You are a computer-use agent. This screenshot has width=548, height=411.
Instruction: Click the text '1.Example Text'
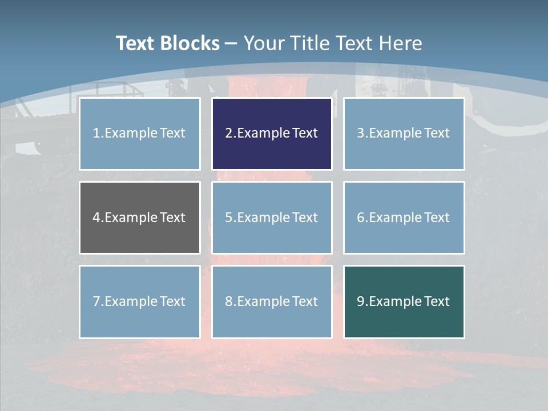pos(139,133)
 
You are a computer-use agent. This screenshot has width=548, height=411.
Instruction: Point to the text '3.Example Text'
pos(404,133)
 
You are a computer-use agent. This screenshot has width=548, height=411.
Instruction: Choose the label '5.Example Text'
pos(271,217)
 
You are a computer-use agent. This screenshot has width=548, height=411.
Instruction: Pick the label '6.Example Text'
pos(404,217)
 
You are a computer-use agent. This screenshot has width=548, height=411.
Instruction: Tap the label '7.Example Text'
pos(139,301)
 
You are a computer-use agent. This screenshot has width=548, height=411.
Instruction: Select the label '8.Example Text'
pos(271,301)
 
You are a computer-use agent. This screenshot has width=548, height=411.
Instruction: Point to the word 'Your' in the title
pos(265,43)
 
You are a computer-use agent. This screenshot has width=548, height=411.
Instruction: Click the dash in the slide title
pos(231,43)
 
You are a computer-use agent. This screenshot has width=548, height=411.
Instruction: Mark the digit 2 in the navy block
pos(228,133)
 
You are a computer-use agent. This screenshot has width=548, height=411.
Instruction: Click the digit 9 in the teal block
pos(361,301)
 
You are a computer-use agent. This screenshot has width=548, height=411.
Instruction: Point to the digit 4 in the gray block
pos(96,217)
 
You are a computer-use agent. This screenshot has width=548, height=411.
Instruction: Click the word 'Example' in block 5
pos(263,217)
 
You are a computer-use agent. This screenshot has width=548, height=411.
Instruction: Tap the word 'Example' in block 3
pos(396,133)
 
